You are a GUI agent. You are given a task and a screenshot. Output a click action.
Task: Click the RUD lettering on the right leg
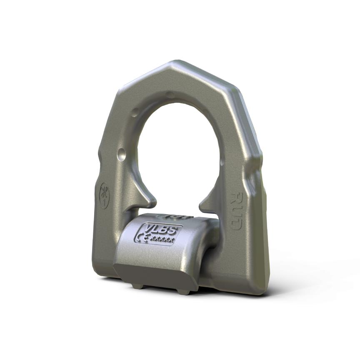(x=236, y=210)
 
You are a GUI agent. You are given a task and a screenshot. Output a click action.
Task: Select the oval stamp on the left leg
(x=104, y=195)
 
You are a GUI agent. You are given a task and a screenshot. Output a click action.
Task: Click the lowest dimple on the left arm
(x=121, y=155)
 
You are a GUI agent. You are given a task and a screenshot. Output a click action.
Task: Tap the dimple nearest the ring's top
(x=170, y=95)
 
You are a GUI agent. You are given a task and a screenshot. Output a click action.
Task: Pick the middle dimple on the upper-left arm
(x=135, y=112)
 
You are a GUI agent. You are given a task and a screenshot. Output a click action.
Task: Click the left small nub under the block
(x=136, y=286)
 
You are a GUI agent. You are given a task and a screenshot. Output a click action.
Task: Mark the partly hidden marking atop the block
(x=177, y=217)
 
